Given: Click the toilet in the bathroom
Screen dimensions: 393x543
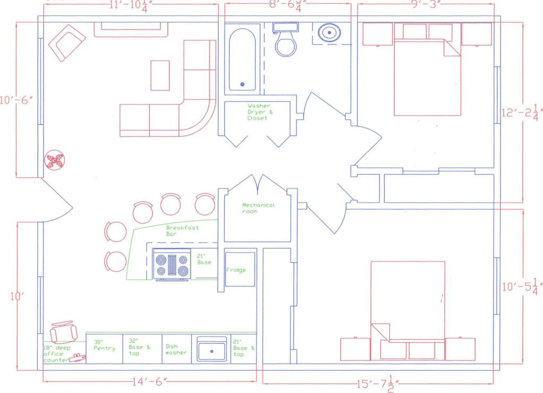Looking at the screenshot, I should tap(285, 42).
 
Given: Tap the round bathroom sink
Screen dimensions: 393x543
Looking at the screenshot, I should tap(330, 33).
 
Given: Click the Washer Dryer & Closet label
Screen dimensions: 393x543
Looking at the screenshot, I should tap(258, 112).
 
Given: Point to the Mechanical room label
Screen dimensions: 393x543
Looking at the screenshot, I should tap(258, 208).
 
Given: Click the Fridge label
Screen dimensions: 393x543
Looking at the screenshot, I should tap(236, 270).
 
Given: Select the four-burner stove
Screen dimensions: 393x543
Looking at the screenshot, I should tap(172, 264).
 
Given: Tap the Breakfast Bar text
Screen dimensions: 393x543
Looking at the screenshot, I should tap(182, 230).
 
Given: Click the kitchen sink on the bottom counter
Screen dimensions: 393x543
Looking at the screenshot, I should tap(211, 349).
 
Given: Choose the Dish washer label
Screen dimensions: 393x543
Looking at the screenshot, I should tap(176, 349).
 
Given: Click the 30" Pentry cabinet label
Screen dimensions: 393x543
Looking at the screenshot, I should tap(104, 345).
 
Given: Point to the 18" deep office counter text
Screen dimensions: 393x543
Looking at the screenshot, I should tap(55, 354).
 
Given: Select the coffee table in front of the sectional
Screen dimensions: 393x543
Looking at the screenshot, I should tap(160, 76).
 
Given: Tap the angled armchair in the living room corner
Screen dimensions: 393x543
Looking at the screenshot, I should tap(67, 42).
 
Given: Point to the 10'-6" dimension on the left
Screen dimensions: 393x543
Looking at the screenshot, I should tap(18, 100).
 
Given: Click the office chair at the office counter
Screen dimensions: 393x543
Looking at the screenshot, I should tap(61, 330).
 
